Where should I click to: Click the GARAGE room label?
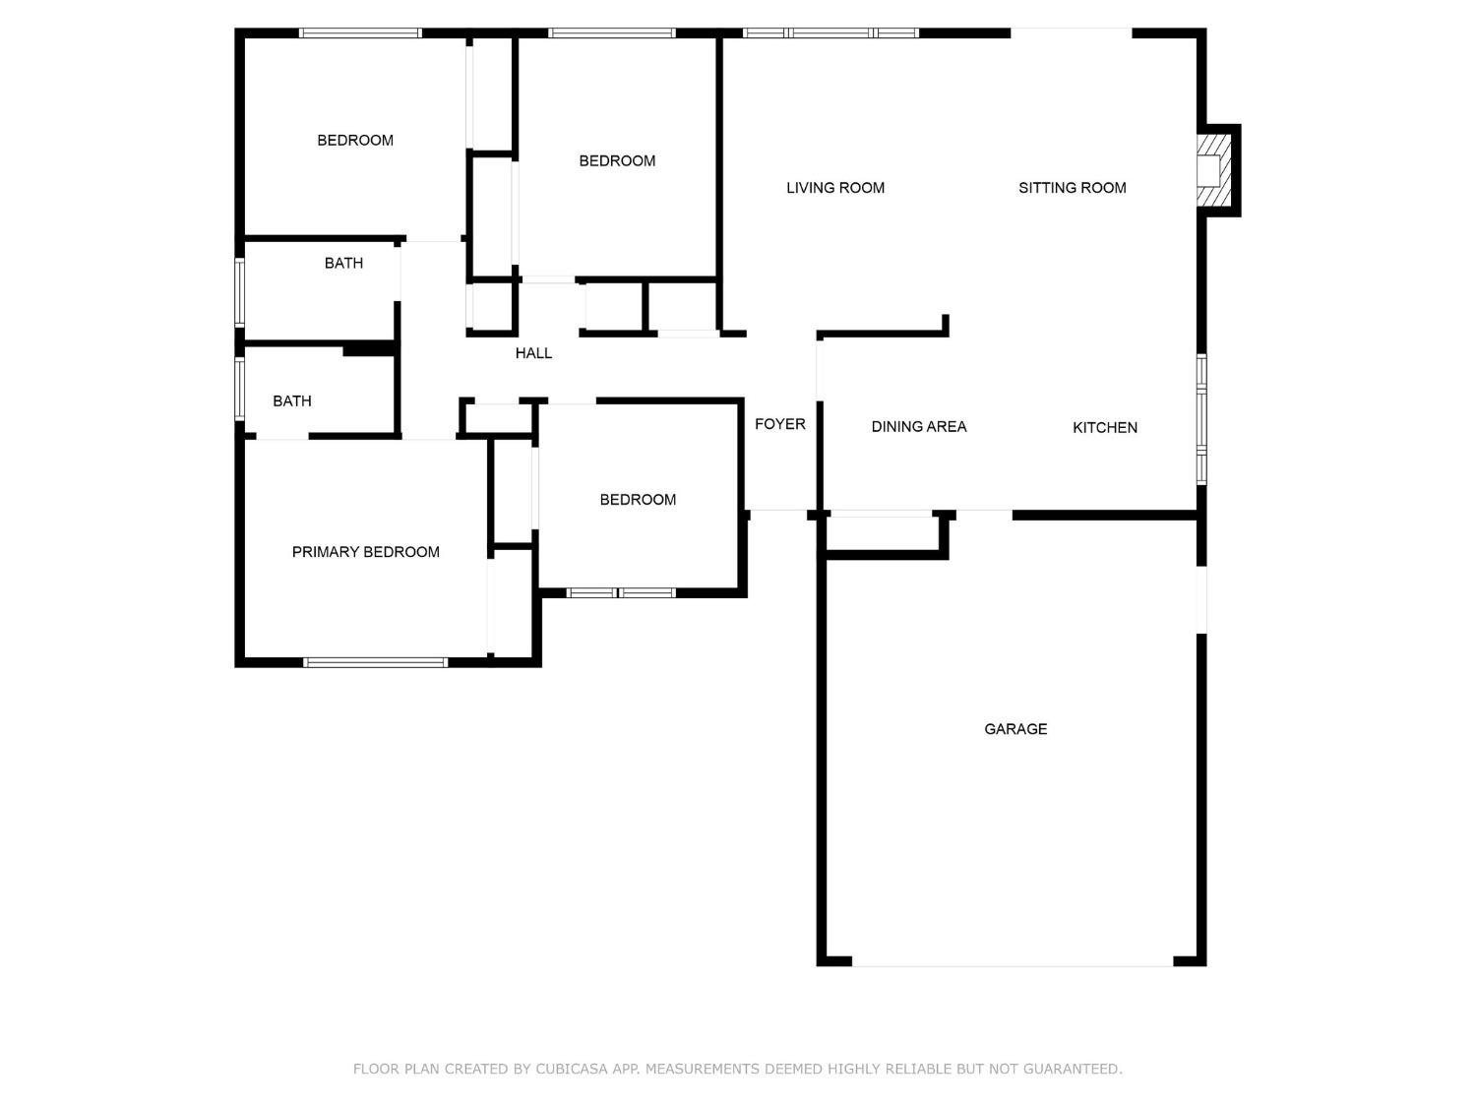[1015, 729]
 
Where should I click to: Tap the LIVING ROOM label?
[834, 188]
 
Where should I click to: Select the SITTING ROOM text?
[1072, 188]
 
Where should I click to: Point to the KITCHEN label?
[1104, 427]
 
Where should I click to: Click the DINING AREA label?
[918, 426]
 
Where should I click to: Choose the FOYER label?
[779, 424]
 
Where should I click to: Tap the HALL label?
[533, 353]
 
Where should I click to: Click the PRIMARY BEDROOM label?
[365, 552]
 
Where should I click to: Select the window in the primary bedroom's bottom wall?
[375, 662]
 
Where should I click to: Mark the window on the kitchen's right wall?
[1201, 419]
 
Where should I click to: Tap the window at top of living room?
[830, 33]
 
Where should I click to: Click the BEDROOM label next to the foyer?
[638, 500]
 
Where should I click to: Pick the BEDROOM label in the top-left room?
[354, 141]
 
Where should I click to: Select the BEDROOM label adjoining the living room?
[617, 161]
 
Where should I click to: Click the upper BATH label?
[343, 264]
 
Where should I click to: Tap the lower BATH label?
[291, 401]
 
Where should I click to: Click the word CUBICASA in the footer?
[572, 1069]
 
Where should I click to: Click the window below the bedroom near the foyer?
[621, 592]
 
